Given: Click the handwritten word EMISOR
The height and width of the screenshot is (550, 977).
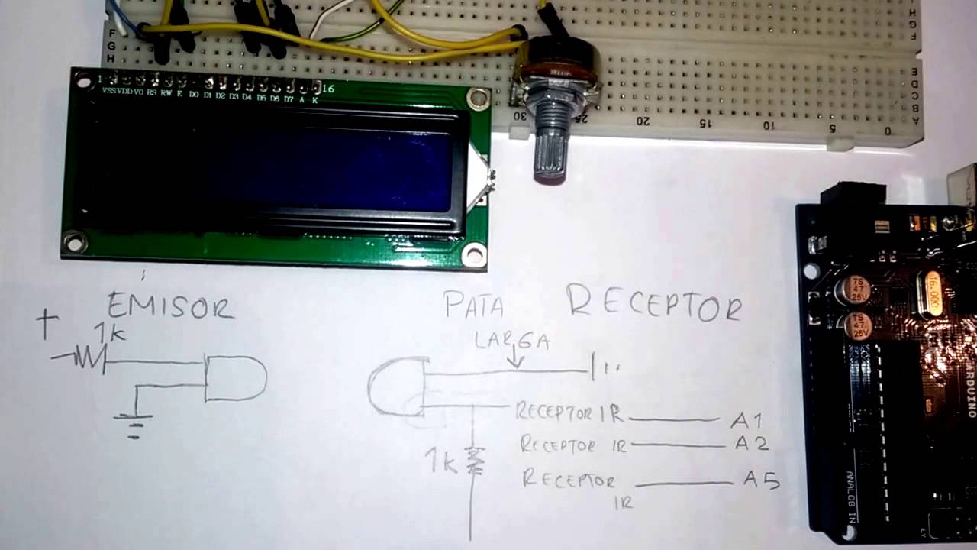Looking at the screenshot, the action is (169, 306).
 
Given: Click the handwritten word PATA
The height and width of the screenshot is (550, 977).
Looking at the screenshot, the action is (474, 306).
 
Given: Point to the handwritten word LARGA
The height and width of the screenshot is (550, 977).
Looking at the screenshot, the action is (511, 341).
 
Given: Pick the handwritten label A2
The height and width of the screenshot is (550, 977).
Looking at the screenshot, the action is (751, 443).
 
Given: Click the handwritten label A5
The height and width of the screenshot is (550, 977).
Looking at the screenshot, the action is (761, 481).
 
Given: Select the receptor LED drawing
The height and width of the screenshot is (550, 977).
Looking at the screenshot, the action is (398, 387).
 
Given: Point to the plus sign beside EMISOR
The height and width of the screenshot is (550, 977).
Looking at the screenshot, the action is (47, 325).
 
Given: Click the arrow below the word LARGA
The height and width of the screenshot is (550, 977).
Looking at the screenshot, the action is (517, 357).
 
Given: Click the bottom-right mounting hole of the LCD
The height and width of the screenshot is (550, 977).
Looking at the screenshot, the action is (474, 254).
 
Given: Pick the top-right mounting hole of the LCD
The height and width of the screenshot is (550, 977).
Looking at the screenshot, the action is (478, 99).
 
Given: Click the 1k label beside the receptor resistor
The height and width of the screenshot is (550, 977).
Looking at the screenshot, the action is (441, 461).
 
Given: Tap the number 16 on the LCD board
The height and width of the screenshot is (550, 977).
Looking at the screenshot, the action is (328, 89).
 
